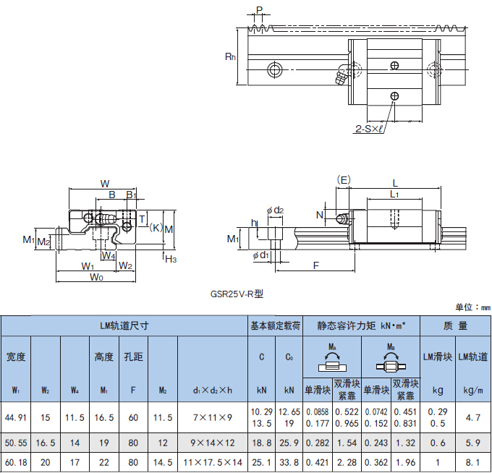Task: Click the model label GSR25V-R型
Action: point(237,294)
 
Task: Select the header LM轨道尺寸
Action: point(124,325)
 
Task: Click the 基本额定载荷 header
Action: point(275,325)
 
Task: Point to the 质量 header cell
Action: point(456,325)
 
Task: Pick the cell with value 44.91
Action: point(16,417)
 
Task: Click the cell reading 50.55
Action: point(16,441)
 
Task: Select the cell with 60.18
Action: point(16,461)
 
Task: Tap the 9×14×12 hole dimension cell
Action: point(213,441)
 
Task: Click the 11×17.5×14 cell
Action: point(213,461)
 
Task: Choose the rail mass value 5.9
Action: point(474,441)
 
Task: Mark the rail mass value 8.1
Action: point(474,461)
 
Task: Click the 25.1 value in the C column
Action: point(261,461)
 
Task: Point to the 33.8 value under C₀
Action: point(289,461)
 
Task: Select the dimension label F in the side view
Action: point(316,265)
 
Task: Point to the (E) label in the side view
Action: point(344,179)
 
